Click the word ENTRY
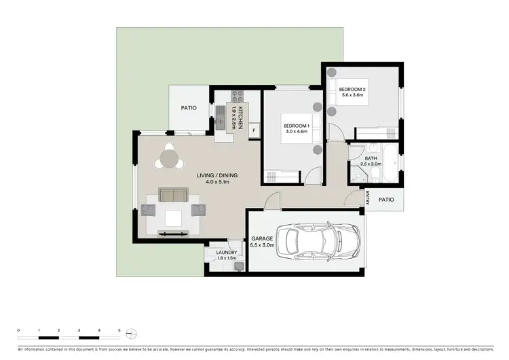click(x=366, y=198)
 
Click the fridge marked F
click(x=254, y=130)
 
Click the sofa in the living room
click(x=174, y=196)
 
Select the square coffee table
click(x=173, y=217)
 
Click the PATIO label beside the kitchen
click(x=189, y=108)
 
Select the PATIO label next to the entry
click(x=386, y=200)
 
